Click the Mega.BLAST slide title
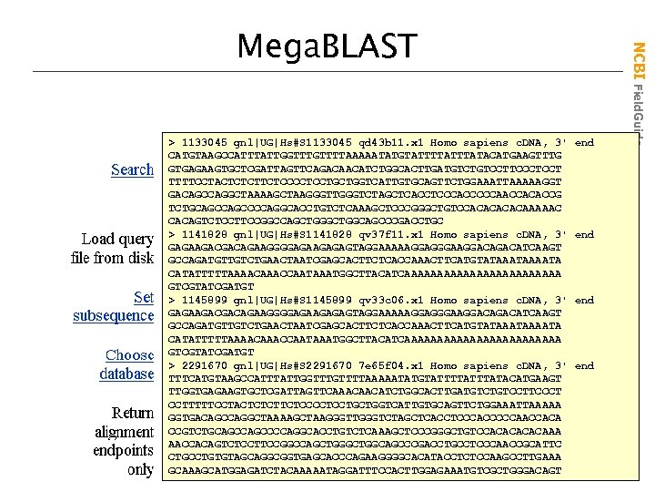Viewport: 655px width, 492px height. click(x=326, y=45)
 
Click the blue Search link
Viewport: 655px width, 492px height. click(x=132, y=169)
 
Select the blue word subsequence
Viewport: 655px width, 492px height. click(x=114, y=315)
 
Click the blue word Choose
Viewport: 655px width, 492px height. click(x=129, y=355)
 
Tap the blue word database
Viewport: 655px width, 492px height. click(x=126, y=374)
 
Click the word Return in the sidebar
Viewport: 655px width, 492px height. click(x=132, y=414)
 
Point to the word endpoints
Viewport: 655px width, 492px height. click(x=123, y=451)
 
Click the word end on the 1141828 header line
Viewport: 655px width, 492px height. click(x=584, y=234)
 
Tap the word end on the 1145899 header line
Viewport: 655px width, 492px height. click(x=584, y=300)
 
